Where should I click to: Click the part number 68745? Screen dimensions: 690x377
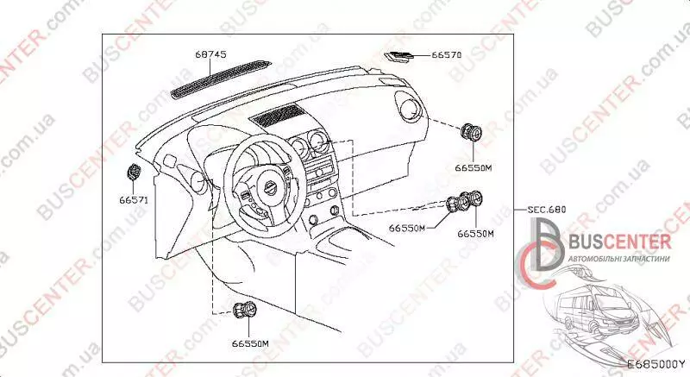(210, 54)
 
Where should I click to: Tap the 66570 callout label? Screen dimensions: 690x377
(446, 55)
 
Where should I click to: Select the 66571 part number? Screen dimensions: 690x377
(134, 200)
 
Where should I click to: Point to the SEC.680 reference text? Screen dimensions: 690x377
(547, 210)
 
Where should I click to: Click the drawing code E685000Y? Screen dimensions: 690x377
(656, 364)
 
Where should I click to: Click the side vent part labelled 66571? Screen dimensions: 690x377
(134, 172)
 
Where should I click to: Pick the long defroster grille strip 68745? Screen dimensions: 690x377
(220, 79)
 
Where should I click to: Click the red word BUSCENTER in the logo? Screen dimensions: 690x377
(620, 242)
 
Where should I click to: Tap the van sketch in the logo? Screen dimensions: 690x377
(598, 308)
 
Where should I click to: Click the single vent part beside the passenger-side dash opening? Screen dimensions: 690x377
(471, 132)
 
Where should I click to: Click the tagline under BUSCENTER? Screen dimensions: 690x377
(619, 259)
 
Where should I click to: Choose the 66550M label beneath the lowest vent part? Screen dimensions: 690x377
(250, 343)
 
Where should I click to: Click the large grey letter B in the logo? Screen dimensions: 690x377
(547, 245)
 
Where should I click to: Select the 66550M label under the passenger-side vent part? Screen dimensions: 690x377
(473, 167)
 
